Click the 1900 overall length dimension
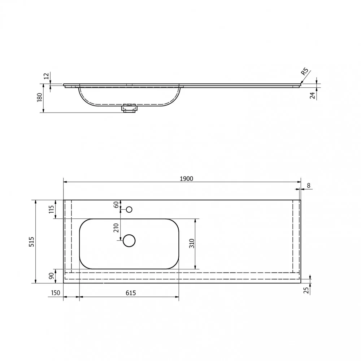pyautogui.click(x=186, y=179)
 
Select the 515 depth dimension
pyautogui.click(x=31, y=242)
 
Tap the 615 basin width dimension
pyautogui.click(x=131, y=293)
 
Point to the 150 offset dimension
pyautogui.click(x=55, y=293)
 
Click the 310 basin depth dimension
pyautogui.click(x=192, y=243)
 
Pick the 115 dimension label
pyautogui.click(x=51, y=209)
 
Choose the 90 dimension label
pyautogui.click(x=51, y=275)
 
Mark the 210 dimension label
pyautogui.click(x=116, y=228)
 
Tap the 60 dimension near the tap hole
pyautogui.click(x=116, y=204)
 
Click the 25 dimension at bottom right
pyautogui.click(x=306, y=291)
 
